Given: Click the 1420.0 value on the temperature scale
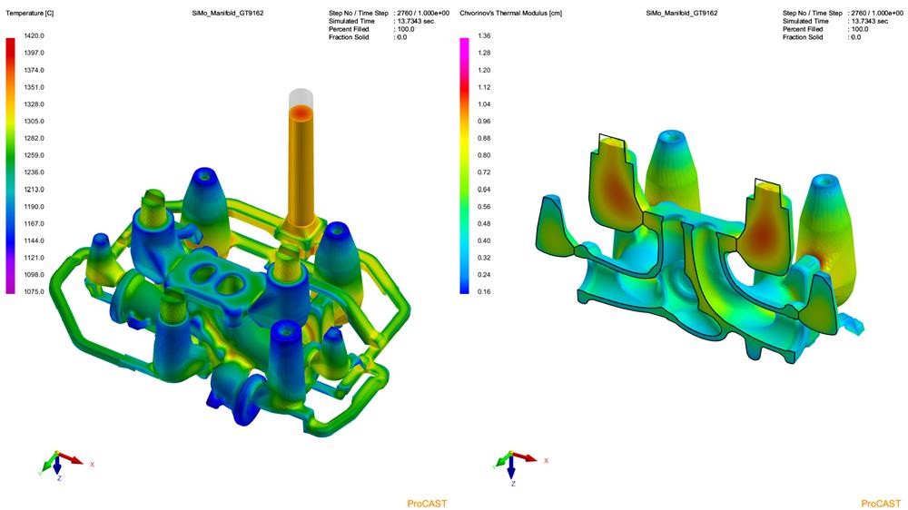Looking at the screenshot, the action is (x=35, y=36).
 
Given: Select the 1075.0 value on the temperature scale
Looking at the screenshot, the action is (x=35, y=292).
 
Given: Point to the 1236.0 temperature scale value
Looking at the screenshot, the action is (x=35, y=172).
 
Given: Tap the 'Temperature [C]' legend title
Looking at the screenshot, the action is (x=30, y=13).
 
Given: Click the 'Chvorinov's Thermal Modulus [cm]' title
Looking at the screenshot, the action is (x=510, y=13).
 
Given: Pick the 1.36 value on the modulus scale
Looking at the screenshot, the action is (x=484, y=36).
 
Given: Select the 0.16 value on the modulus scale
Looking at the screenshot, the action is (x=484, y=292).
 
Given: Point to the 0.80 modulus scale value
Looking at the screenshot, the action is (x=484, y=155).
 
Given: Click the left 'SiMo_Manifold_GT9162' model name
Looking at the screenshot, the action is (x=228, y=13).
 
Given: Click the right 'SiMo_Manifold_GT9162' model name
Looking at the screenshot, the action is (x=682, y=13).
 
